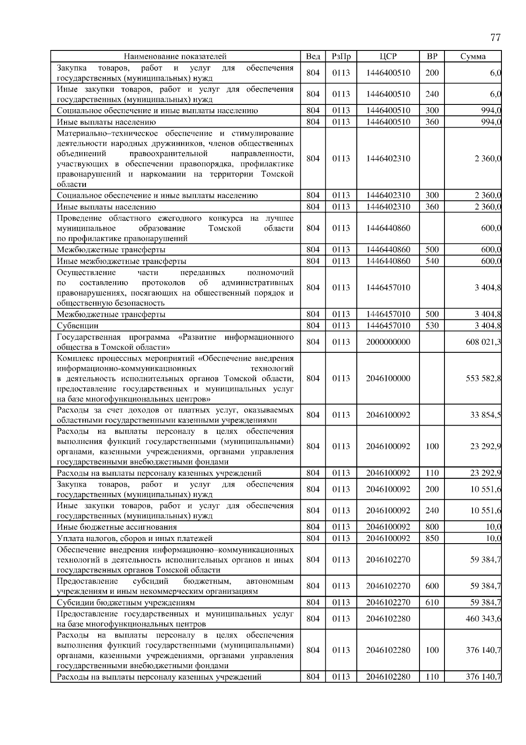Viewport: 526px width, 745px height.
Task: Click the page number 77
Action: (495, 38)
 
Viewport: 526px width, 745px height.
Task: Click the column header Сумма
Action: (473, 57)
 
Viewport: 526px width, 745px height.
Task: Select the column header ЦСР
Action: (388, 57)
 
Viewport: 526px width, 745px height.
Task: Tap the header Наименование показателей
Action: (175, 57)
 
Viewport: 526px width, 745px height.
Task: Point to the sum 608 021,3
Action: (483, 342)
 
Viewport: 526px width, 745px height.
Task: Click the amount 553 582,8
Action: (483, 379)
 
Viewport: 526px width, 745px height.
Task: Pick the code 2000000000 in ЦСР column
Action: (388, 342)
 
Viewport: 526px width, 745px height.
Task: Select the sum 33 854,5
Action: (485, 415)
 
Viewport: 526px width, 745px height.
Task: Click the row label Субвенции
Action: (78, 326)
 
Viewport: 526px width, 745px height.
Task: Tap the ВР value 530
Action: (432, 326)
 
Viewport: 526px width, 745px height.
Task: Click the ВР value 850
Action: (432, 538)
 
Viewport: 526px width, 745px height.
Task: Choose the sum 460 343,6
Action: (483, 619)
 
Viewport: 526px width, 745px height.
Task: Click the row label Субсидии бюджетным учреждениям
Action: (126, 603)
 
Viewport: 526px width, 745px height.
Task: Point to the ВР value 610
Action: (432, 603)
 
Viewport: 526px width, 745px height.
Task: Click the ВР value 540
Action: (432, 261)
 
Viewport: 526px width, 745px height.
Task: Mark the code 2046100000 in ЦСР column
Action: (388, 379)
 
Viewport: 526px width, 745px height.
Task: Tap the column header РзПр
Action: (341, 57)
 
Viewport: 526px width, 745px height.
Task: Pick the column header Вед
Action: (313, 57)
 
